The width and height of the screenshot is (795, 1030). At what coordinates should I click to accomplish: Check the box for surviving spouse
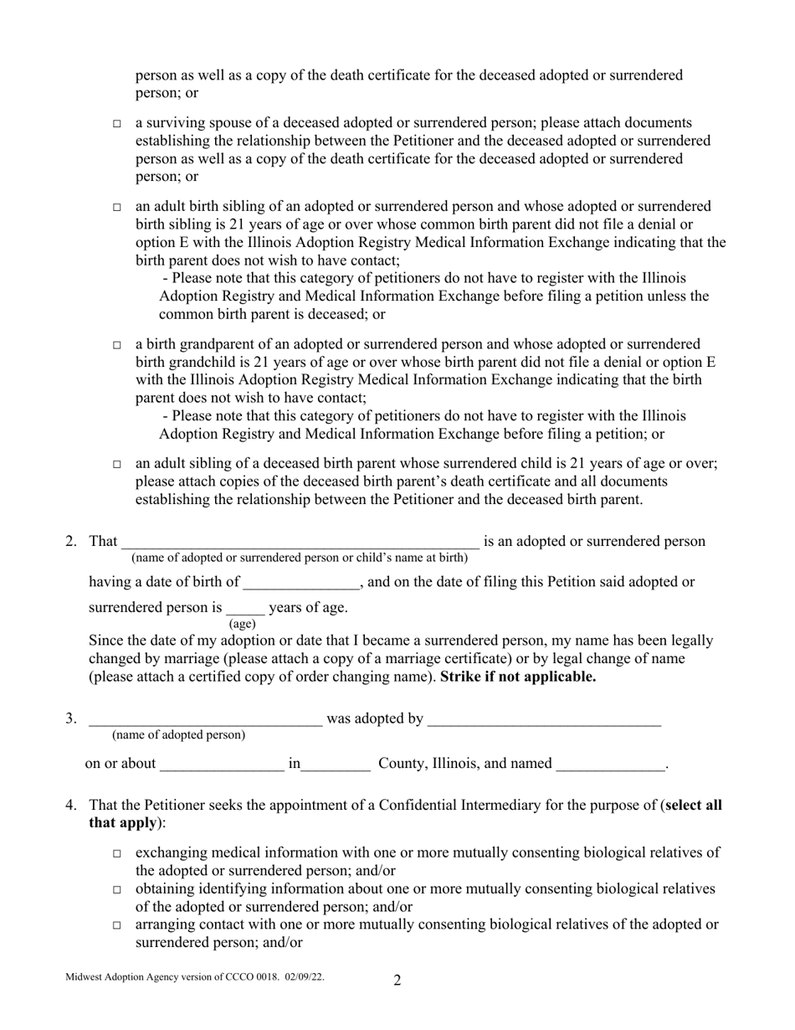117,124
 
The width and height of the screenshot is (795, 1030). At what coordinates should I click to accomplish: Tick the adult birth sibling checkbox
117,207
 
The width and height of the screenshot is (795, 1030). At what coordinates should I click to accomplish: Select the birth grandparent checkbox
117,345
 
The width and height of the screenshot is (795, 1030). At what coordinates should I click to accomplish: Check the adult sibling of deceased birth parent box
117,465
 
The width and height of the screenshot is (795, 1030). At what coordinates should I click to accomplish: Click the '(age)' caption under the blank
243,624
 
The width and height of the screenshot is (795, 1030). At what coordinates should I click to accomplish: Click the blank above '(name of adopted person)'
205,719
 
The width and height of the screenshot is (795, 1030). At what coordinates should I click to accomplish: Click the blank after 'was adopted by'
544,719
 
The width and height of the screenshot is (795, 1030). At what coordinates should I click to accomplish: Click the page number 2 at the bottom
397,981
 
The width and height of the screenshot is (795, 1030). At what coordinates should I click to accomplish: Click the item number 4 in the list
71,806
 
